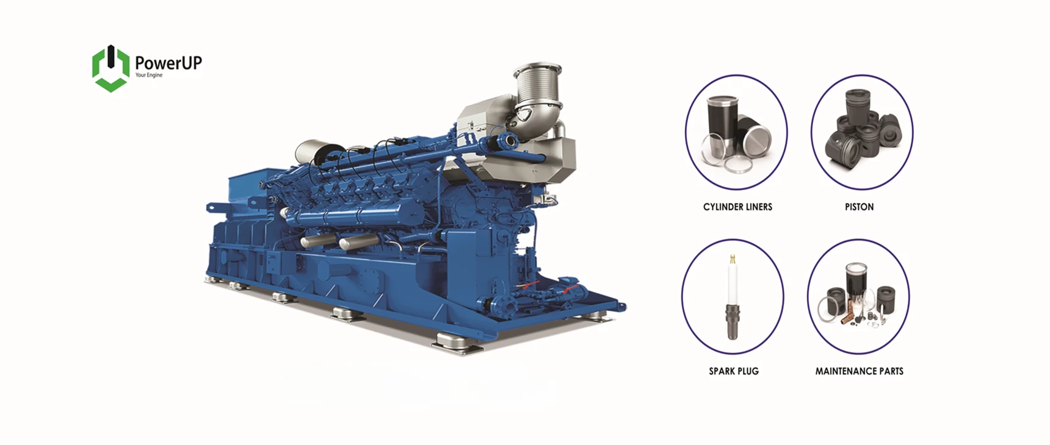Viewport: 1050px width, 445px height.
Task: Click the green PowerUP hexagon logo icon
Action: pos(110,68)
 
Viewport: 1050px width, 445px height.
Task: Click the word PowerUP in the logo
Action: pos(168,63)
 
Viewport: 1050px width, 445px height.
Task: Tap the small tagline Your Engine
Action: pos(149,76)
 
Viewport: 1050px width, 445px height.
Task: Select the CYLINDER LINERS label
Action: pos(737,207)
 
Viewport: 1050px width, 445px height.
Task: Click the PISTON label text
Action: pos(859,207)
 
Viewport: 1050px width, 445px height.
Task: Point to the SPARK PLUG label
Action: pos(734,371)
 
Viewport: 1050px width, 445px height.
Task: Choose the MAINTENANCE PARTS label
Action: pos(859,371)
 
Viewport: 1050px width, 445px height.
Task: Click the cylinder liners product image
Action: pos(737,135)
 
